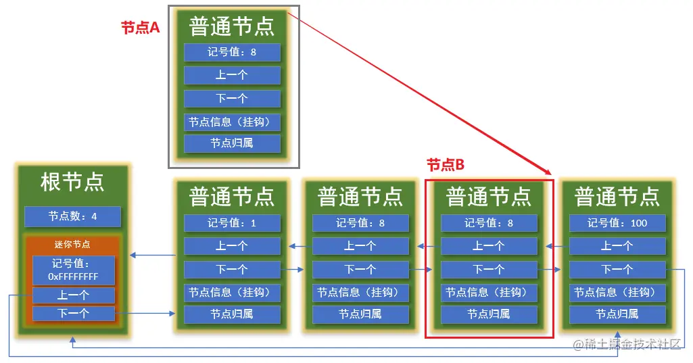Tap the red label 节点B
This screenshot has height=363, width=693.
pyautogui.click(x=446, y=165)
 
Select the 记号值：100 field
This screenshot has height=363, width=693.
pyautogui.click(x=617, y=223)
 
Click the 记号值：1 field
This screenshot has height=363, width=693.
pyautogui.click(x=232, y=223)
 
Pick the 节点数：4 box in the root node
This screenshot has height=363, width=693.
pyautogui.click(x=72, y=216)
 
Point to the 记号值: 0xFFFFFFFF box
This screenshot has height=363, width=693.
pyautogui.click(x=73, y=270)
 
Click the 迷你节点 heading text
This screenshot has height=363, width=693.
pyautogui.click(x=72, y=244)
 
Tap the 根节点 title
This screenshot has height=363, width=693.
pyautogui.click(x=72, y=183)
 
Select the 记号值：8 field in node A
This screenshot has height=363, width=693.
pyautogui.click(x=232, y=52)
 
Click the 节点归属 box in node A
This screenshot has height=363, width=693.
pyautogui.click(x=232, y=143)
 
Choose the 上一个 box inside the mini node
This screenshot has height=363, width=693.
pyautogui.click(x=73, y=295)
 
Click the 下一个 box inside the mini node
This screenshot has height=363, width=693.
pyautogui.click(x=73, y=314)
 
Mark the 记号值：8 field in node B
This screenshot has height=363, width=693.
pyautogui.click(x=489, y=223)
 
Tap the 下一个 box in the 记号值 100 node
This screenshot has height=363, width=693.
pyautogui.click(x=617, y=269)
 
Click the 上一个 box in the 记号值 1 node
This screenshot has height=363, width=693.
pyautogui.click(x=232, y=246)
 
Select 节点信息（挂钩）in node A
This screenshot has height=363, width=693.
pyautogui.click(x=232, y=122)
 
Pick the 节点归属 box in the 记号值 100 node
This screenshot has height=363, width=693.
pyautogui.click(x=617, y=314)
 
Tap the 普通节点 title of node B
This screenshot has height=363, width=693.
pyautogui.click(x=489, y=197)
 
